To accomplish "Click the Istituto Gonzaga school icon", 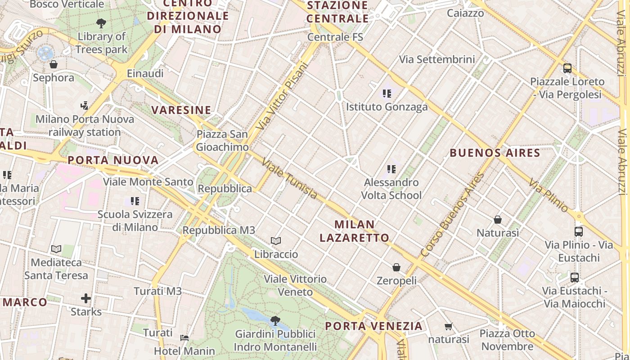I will click(x=387, y=94).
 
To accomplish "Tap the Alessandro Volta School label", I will click(x=391, y=189).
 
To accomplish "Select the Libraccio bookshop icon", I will click(x=276, y=241).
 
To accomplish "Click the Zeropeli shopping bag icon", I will click(x=396, y=268).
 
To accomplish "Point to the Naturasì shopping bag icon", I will click(x=498, y=220).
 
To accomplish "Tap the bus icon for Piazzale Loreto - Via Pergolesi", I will click(x=567, y=68).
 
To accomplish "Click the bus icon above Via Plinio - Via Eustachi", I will click(x=579, y=232).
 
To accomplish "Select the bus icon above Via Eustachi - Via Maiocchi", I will click(x=575, y=277).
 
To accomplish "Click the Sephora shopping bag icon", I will click(x=54, y=64).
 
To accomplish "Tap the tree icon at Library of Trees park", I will click(x=101, y=23).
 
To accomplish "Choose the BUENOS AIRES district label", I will click(x=495, y=153).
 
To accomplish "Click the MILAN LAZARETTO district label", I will click(x=355, y=231).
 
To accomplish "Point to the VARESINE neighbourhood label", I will click(x=181, y=110).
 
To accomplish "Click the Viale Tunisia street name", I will click(x=289, y=179).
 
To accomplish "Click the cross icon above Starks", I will click(x=86, y=298).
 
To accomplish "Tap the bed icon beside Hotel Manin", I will click(x=184, y=337).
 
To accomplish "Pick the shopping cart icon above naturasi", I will click(x=448, y=326).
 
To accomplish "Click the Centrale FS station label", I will click(x=335, y=37).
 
